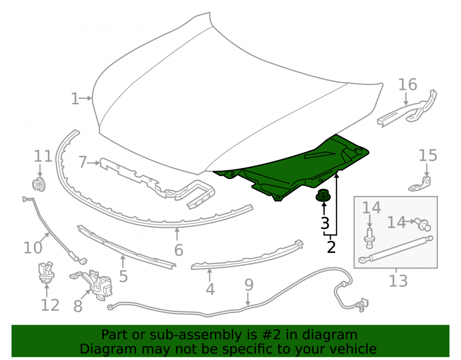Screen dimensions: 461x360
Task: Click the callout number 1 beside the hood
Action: click(75, 99)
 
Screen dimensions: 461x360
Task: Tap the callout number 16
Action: click(408, 85)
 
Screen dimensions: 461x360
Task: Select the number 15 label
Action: click(428, 155)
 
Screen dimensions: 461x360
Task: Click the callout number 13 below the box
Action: click(398, 281)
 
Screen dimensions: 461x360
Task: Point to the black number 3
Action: click(325, 224)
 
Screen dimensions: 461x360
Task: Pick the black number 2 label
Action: click(331, 247)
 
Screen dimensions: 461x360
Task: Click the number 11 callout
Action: click(43, 156)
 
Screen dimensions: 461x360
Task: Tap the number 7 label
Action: click(83, 162)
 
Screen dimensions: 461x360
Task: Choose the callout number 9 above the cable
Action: click(249, 285)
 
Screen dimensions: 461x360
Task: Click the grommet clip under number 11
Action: click(39, 184)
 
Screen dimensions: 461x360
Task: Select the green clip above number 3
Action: click(323, 195)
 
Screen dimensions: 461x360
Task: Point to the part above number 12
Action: click(46, 273)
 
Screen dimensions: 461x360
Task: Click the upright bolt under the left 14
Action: click(369, 238)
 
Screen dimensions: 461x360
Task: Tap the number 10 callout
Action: click(33, 248)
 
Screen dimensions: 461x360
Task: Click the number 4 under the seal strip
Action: click(210, 289)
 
